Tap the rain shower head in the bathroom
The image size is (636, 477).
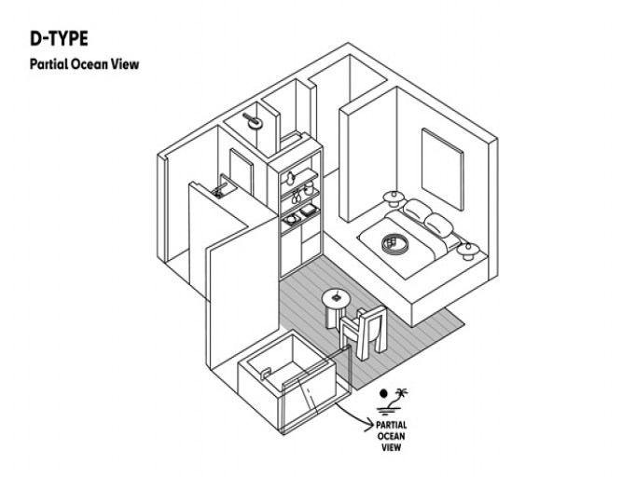(x=252, y=118)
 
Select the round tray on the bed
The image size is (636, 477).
(x=394, y=243)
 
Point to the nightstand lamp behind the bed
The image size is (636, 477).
(x=393, y=196)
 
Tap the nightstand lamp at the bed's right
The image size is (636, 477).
(x=468, y=249)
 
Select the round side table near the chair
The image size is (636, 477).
(x=336, y=300)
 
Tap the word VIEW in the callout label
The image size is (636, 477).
(x=391, y=446)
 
